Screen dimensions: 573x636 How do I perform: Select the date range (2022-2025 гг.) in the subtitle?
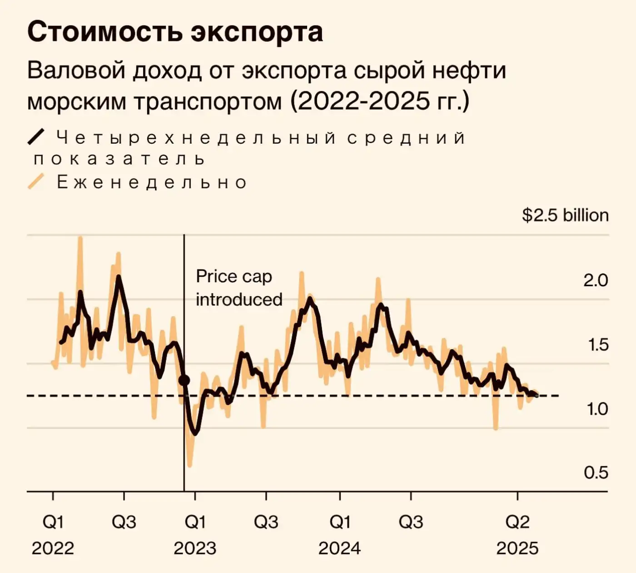coord(379,101)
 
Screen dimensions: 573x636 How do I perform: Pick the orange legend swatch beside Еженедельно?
coord(36,181)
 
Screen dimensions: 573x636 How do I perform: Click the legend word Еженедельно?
coord(152,182)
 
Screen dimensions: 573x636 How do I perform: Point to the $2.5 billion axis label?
coord(565,215)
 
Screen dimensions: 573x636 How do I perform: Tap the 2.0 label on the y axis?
coord(595,280)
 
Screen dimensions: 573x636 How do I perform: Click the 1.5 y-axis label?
coord(598,345)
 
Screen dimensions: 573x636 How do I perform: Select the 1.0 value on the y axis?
coord(597,409)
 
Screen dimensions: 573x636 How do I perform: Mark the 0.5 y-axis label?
coord(596,473)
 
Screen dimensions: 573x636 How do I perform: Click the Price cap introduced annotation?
coord(239,288)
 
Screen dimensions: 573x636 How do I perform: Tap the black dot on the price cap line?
coord(184,380)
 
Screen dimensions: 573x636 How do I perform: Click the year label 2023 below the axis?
coord(194,548)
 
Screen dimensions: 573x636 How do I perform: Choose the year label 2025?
coord(517,548)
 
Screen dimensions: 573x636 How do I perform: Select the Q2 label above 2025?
coord(517,522)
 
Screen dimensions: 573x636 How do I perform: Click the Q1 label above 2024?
coord(339,522)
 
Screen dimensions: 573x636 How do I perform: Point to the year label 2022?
coord(53,548)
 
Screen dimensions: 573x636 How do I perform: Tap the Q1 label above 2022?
coord(53,522)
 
